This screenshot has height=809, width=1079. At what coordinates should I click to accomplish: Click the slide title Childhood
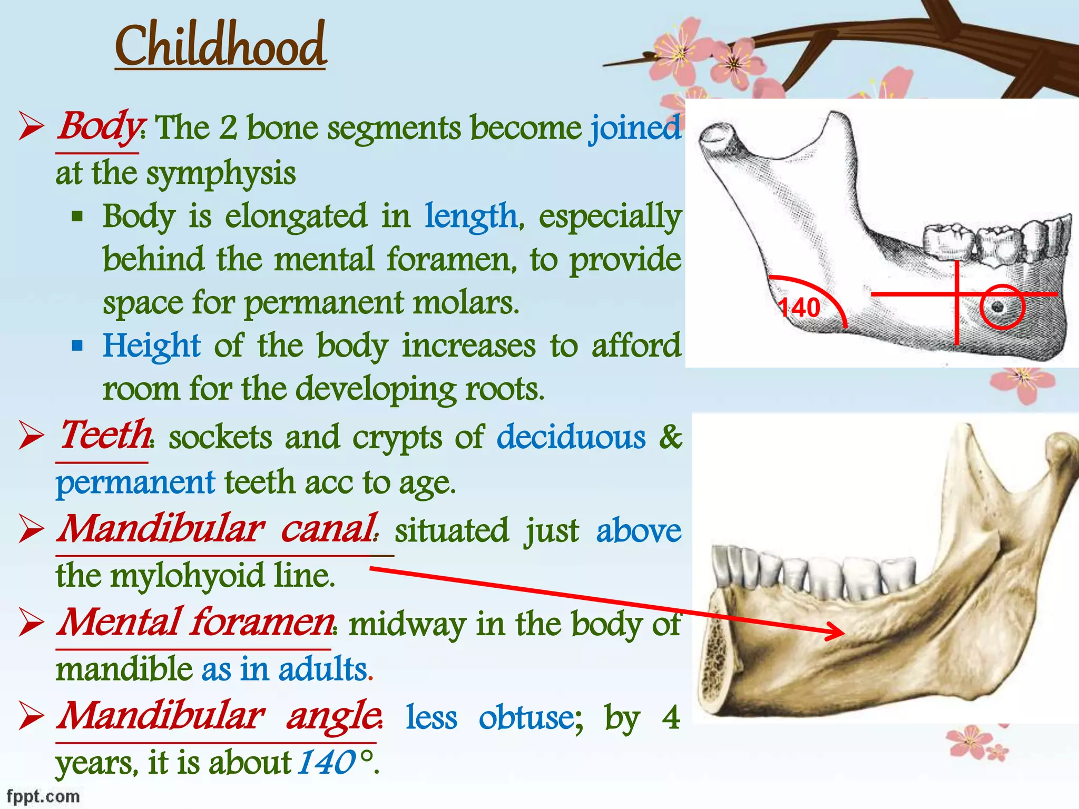(221, 46)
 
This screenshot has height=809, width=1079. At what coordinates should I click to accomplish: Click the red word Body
(98, 127)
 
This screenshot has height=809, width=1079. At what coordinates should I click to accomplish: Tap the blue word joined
(635, 128)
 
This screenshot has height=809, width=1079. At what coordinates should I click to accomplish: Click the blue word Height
(152, 346)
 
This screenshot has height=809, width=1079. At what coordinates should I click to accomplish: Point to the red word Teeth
(105, 436)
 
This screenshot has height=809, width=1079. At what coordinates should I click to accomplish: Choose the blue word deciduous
(571, 437)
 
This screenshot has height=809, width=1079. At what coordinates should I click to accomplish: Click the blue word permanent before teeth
(135, 482)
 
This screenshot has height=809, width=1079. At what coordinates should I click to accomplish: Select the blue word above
(639, 530)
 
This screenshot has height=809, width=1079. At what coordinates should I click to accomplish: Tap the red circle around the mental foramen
(1002, 307)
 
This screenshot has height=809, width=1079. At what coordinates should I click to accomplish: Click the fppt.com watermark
(43, 796)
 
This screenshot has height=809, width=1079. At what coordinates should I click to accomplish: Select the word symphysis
(221, 174)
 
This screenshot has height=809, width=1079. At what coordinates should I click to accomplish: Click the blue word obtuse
(530, 717)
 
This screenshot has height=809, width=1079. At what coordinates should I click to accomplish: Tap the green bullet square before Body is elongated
(77, 216)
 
